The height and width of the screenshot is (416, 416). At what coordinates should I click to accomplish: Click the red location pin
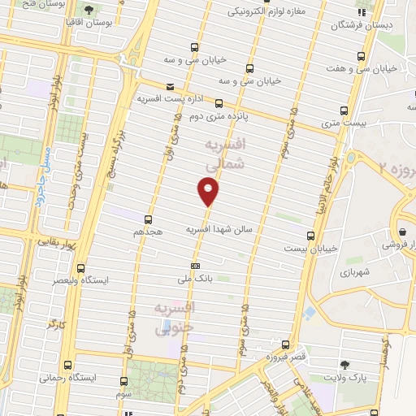pos(209,192)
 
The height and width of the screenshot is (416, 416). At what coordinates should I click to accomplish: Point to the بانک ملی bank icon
pos(195,266)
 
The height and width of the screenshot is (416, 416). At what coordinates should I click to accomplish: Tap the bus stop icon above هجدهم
pos(148,219)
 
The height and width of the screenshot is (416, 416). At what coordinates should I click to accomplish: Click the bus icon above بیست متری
pos(344,110)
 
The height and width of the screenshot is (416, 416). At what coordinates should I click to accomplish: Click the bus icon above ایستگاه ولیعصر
pos(80,266)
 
